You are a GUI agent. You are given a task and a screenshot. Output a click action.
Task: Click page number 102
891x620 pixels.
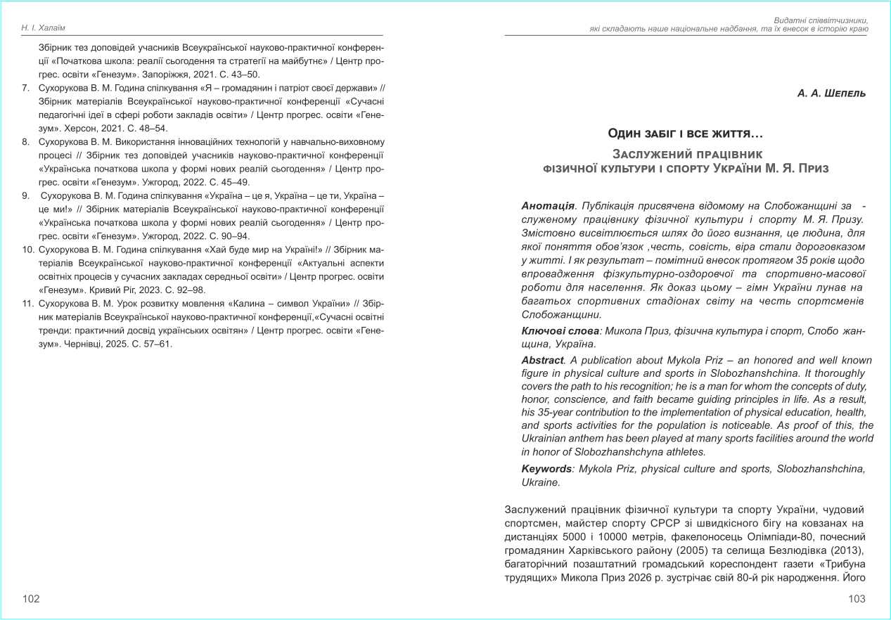31,599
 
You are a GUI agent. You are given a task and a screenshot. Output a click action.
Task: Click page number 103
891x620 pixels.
857,599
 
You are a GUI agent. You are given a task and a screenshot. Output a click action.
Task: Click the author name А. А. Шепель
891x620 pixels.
832,93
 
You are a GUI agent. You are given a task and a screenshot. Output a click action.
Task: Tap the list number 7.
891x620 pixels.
25,88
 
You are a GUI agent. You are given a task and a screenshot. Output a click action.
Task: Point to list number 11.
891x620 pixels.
29,304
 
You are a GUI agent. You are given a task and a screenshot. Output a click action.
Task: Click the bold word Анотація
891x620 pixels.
548,206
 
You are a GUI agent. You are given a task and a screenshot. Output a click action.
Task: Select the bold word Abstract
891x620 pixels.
542,361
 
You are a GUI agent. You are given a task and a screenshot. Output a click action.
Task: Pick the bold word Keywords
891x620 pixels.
546,469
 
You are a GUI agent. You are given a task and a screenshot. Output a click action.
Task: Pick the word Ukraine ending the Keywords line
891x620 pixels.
540,483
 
